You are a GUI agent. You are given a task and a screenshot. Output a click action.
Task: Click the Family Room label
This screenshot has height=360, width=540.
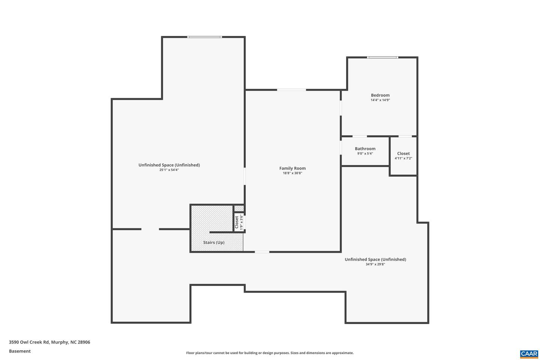click(292, 168)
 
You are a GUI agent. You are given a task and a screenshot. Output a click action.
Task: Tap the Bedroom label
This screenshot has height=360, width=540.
click(380, 95)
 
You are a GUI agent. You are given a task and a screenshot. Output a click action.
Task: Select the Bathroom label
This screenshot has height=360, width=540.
click(365, 149)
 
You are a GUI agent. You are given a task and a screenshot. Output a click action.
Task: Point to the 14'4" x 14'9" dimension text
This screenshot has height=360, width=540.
click(380, 100)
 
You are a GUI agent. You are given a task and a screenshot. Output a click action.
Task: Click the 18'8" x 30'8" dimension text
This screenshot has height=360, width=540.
click(292, 173)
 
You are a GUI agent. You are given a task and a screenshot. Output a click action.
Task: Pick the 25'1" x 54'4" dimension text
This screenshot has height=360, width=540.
click(169, 170)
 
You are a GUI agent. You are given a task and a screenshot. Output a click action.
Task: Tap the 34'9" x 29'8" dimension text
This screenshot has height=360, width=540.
click(375, 264)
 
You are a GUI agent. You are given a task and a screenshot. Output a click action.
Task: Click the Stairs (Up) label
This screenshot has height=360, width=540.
click(214, 243)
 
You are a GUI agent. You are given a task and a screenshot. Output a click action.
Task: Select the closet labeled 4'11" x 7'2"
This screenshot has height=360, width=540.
click(403, 156)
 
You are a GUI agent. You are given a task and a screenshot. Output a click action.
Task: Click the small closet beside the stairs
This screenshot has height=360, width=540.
click(239, 222)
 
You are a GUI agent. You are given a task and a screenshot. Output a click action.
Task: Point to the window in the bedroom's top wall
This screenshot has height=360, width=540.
click(382, 57)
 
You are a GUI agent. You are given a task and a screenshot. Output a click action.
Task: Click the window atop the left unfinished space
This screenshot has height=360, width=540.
click(204, 37)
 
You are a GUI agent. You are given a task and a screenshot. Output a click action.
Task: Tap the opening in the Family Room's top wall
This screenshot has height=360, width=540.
click(291, 90)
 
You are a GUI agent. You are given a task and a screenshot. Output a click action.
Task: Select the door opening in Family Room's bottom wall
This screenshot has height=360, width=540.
click(262, 252)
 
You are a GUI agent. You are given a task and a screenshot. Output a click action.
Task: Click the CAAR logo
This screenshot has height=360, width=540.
click(529, 354)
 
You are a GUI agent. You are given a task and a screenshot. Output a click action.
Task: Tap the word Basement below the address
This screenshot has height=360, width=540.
click(20, 351)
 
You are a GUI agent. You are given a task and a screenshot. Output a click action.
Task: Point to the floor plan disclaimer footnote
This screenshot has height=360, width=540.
click(270, 353)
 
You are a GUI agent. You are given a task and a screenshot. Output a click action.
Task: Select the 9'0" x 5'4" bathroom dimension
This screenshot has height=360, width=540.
click(365, 154)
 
